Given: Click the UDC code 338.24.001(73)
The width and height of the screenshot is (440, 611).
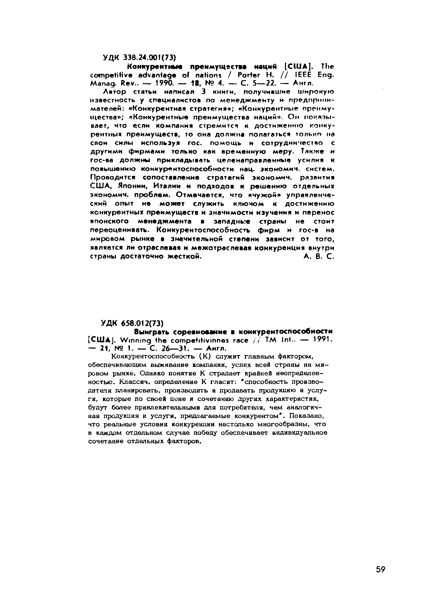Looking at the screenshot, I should (149, 57).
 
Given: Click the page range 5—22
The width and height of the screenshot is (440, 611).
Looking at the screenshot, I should (269, 84).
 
